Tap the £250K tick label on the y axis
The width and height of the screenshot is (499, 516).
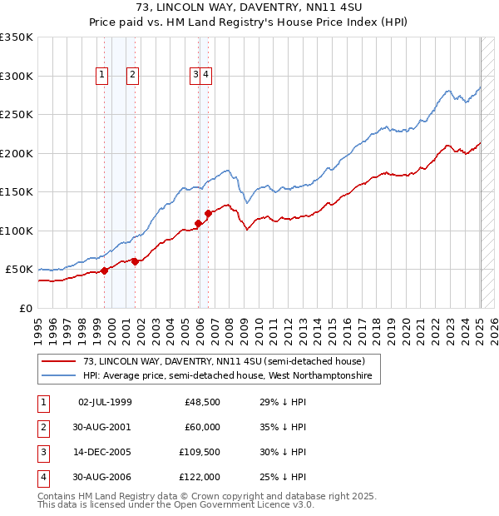17,115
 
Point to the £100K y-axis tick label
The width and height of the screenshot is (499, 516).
17,231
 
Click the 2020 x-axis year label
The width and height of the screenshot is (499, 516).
406,330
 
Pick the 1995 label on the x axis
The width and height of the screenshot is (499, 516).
37,330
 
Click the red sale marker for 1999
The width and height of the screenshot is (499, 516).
105,270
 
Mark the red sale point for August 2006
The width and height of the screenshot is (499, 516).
208,214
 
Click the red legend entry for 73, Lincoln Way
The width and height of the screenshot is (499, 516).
224,361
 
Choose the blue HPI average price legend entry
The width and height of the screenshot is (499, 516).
228,376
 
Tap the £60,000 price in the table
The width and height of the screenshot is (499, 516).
202,428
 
